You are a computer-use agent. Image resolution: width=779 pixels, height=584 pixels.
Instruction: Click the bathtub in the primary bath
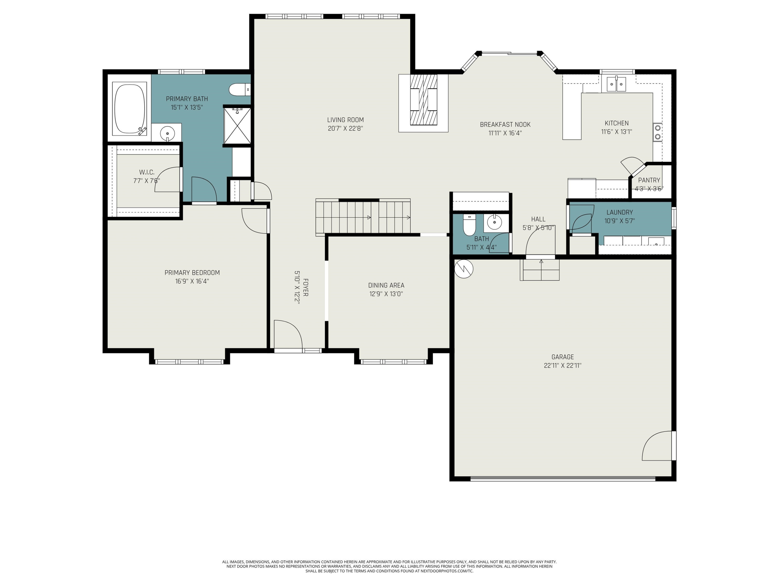(129, 109)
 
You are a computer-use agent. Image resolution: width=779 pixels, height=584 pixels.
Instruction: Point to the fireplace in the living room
(423, 103)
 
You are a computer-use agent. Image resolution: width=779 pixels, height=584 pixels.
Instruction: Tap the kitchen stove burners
(657, 132)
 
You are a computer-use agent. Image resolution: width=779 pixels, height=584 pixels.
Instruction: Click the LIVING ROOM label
(345, 120)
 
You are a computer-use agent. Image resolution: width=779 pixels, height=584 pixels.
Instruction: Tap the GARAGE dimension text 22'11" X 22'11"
(562, 366)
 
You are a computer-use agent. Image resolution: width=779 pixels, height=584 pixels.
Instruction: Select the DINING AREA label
(386, 286)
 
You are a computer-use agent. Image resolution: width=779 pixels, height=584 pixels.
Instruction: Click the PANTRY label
(649, 180)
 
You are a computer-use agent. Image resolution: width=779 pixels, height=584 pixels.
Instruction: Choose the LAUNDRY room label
(620, 212)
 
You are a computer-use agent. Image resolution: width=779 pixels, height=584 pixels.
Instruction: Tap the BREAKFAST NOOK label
(505, 125)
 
